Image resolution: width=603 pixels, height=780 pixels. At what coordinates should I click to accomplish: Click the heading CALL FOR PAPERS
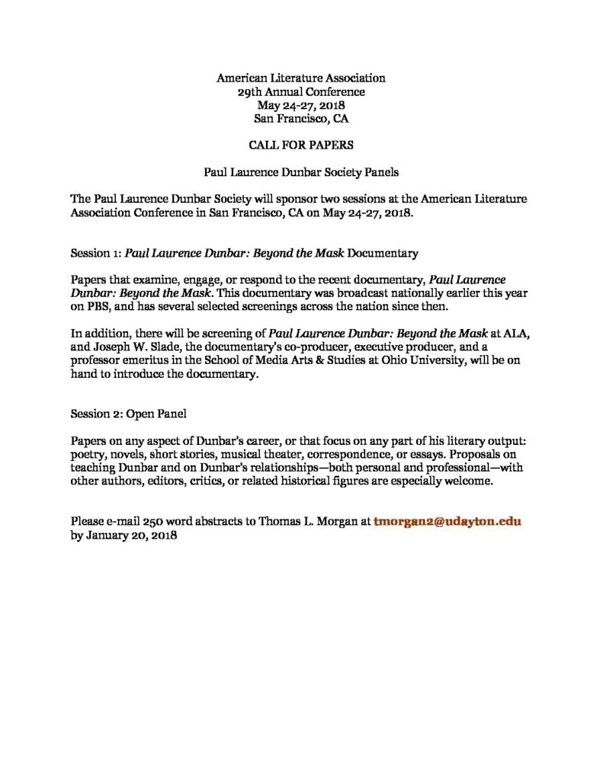[300, 145]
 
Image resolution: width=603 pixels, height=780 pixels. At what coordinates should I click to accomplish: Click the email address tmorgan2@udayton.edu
[447, 522]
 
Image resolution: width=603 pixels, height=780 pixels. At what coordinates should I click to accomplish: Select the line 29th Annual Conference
[300, 91]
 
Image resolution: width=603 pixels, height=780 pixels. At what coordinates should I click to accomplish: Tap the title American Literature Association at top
[300, 78]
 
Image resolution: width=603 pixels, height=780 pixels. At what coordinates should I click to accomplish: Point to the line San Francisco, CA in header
[300, 118]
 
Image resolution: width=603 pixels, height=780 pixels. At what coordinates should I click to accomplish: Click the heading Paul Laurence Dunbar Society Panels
[300, 172]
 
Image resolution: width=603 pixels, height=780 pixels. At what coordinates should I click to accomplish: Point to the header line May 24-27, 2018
[300, 104]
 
